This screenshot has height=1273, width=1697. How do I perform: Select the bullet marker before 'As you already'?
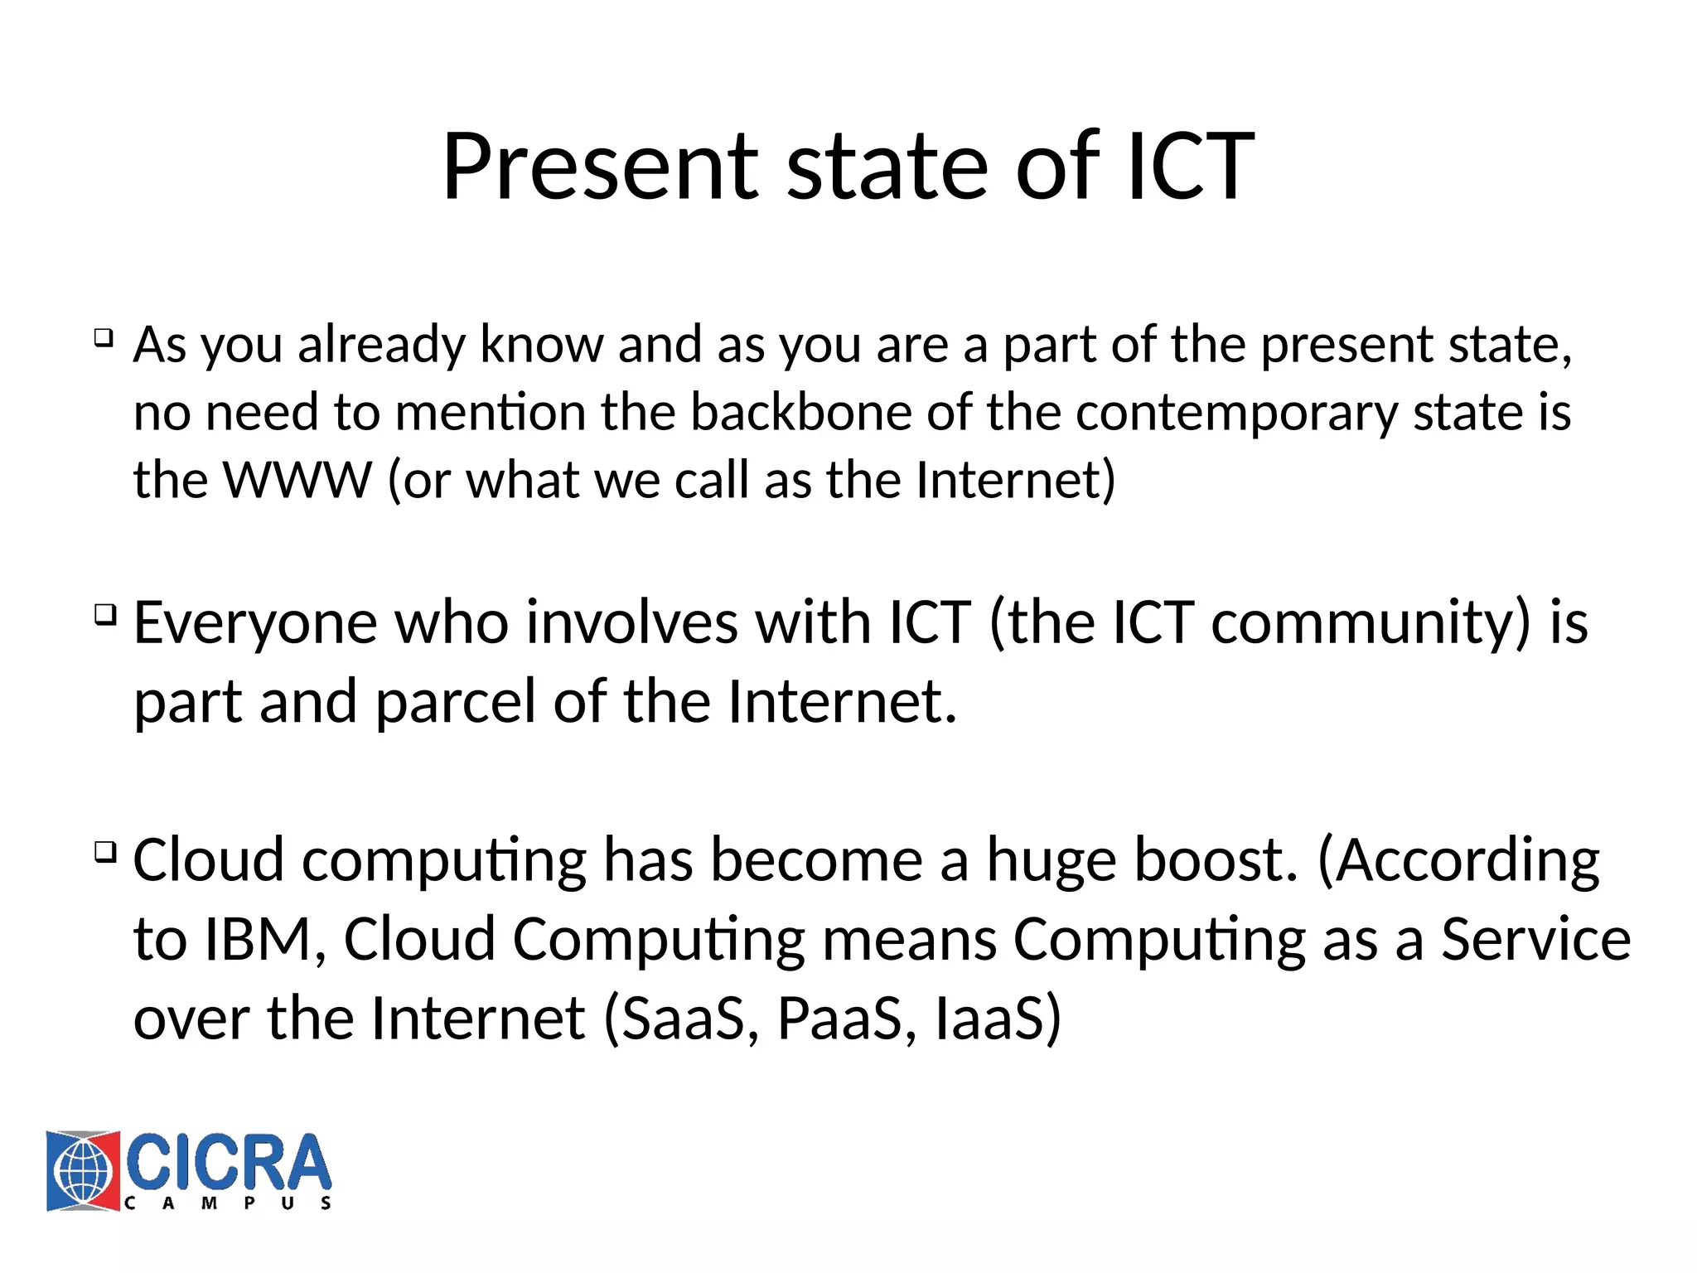[104, 337]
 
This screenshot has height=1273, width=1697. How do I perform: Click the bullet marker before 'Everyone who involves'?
[104, 614]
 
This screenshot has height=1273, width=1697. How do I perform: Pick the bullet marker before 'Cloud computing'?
[104, 851]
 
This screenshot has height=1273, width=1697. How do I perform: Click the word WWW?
[297, 480]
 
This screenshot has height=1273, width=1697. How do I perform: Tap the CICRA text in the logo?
[229, 1162]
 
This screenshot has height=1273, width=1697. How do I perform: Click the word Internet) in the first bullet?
[1016, 480]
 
